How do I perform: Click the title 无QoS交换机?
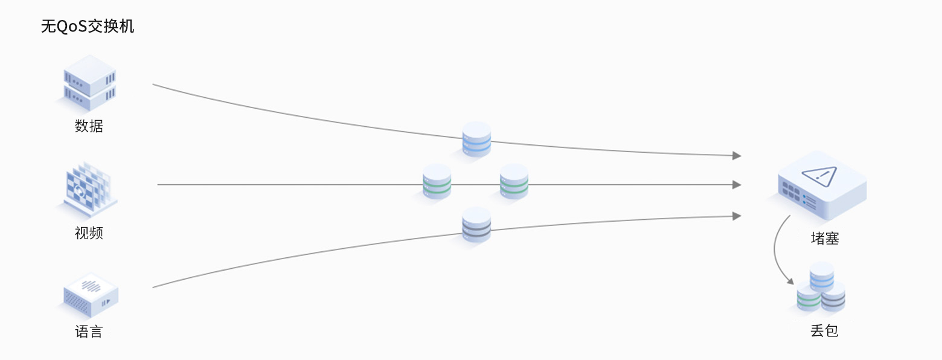87,27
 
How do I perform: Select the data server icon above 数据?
89,83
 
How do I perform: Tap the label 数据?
89,126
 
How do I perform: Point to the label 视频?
89,233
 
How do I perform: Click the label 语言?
89,332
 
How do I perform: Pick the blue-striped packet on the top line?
476,140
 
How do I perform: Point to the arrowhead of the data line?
737,155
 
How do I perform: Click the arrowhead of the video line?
737,185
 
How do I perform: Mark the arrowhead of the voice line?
737,216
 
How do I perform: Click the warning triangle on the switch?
819,176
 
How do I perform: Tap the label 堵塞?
824,239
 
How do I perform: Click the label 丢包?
824,331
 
